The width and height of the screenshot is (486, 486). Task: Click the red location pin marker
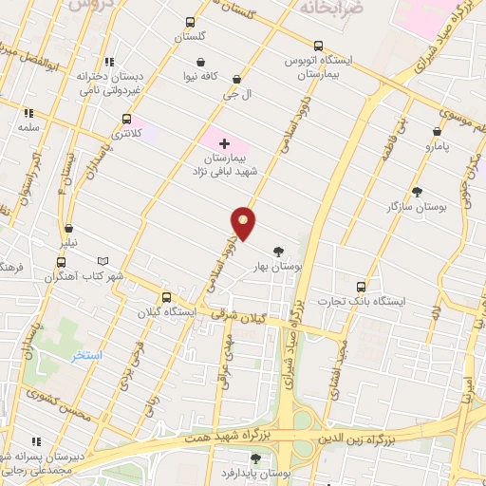coord(244,222)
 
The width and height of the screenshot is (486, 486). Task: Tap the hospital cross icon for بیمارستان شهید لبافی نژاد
coord(223,141)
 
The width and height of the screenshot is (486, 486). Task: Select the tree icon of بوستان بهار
coord(277,252)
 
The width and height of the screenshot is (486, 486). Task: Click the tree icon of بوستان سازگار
coord(417,192)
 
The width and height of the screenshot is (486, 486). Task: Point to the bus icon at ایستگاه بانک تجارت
coord(361,286)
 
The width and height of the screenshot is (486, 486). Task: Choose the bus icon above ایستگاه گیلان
coord(165,296)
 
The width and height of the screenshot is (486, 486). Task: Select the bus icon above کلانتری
coord(126,120)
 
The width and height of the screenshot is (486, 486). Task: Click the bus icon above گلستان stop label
coord(191,23)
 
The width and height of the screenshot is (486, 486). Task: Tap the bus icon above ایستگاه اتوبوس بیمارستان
coord(318,45)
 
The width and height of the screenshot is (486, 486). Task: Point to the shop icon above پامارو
coord(438,133)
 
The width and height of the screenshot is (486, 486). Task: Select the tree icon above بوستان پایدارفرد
coord(254,458)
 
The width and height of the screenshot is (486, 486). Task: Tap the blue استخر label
coord(115,354)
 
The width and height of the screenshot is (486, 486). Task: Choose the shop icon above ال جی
coord(235,80)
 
